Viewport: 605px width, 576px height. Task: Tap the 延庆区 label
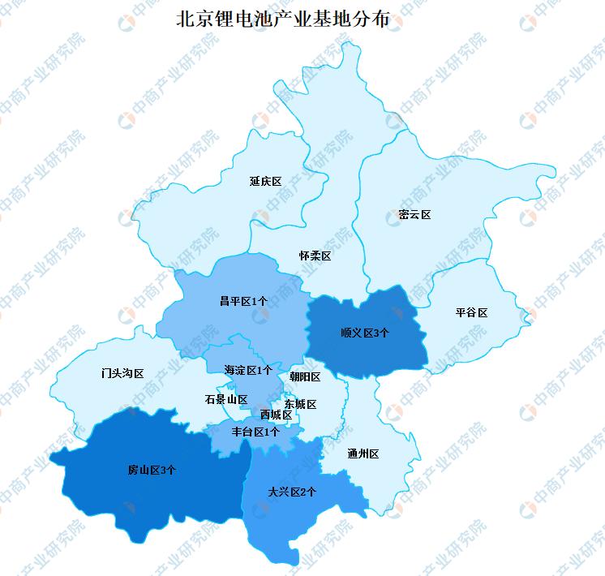(x=266, y=181)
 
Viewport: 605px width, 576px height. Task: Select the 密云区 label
(x=414, y=215)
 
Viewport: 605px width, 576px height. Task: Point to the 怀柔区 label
(x=315, y=256)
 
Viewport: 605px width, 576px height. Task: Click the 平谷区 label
(x=471, y=312)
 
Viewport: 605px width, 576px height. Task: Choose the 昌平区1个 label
(x=243, y=301)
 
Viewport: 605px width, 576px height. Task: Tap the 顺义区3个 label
(x=365, y=332)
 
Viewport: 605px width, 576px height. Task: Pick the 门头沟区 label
(x=122, y=374)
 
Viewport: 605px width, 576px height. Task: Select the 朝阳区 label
(x=305, y=376)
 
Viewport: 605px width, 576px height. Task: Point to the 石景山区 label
(x=225, y=399)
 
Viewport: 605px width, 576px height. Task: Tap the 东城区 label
(x=300, y=404)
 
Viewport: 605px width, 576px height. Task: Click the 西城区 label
(x=276, y=415)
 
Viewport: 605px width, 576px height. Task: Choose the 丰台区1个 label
(x=255, y=432)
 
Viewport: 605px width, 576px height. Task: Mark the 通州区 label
(x=363, y=453)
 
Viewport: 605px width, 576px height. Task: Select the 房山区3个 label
(x=152, y=470)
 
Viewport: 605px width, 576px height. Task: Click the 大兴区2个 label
(x=292, y=492)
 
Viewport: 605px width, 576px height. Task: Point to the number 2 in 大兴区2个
(x=304, y=492)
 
